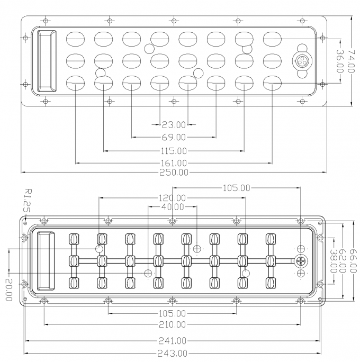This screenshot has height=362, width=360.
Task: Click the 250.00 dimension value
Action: point(174,173)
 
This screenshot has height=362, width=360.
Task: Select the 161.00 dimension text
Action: point(174,163)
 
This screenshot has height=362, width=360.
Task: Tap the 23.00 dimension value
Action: point(174,125)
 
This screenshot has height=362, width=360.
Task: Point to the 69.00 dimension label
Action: point(174,138)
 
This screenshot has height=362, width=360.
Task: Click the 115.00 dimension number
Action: point(174,151)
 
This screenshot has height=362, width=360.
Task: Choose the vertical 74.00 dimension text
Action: point(351,61)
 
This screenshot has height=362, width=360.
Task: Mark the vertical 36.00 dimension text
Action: point(339,61)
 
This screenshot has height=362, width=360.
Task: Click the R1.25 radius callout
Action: point(28,201)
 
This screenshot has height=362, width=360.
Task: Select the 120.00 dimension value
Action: point(172,198)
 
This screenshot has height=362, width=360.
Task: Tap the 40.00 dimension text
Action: point(173,207)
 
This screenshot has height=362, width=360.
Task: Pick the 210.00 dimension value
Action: point(172,324)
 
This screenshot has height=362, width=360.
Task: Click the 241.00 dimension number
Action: point(172,341)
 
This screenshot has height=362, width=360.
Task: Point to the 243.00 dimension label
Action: point(172,354)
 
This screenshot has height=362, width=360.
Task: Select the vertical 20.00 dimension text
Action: point(9,289)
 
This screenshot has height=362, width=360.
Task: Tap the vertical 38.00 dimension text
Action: point(333,261)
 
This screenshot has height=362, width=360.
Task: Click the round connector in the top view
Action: point(302,61)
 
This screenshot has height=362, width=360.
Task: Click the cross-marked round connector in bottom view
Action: point(301,261)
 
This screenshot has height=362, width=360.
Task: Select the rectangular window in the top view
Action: point(47,61)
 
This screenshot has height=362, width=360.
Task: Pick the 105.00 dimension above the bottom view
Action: point(236,188)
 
